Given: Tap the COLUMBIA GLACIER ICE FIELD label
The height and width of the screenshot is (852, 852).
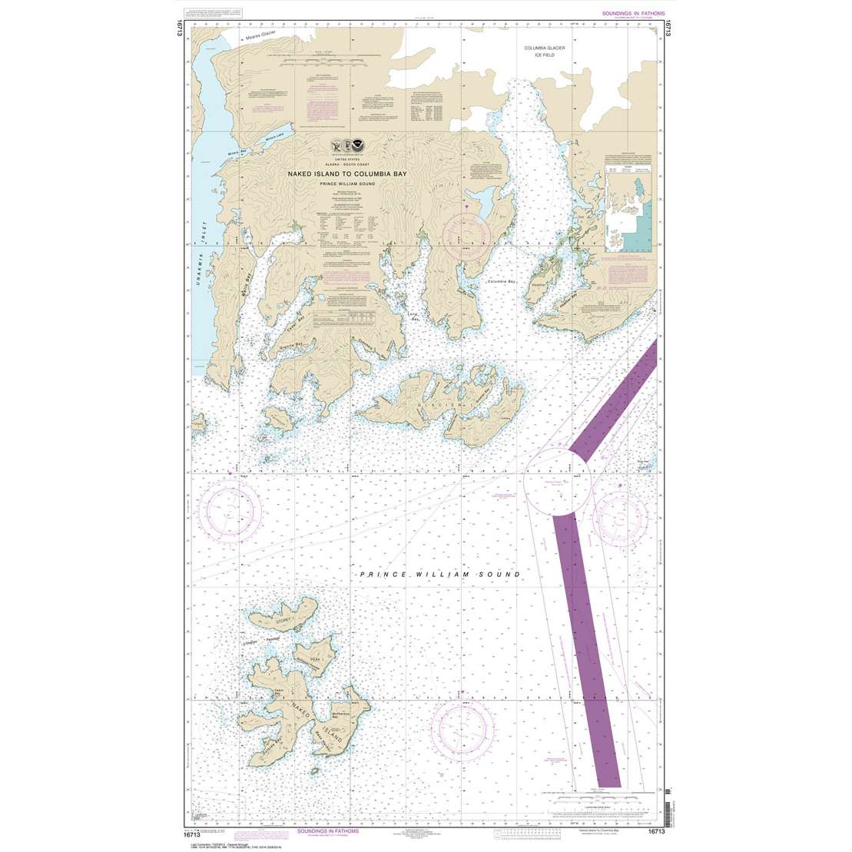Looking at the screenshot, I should tap(545, 51).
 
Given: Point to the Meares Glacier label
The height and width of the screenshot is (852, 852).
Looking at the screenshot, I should tap(260, 37).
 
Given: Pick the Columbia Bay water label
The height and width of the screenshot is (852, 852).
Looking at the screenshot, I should tap(502, 282).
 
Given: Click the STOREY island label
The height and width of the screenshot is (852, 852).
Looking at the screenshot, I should tap(283, 611).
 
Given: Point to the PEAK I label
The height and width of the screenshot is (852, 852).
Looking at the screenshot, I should tap(315, 658).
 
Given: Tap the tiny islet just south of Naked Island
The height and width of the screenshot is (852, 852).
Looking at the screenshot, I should tap(313, 771).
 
